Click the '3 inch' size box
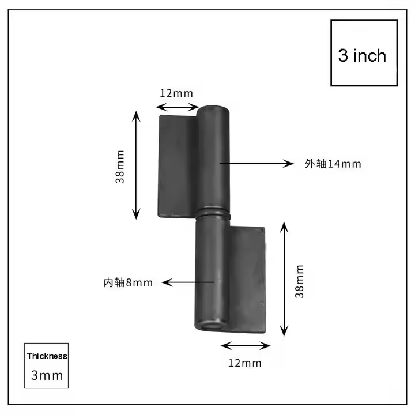click(x=364, y=53)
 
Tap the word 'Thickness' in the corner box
click(x=47, y=356)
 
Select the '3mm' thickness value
click(x=47, y=375)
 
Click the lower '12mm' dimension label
click(x=245, y=363)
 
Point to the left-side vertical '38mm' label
click(x=120, y=166)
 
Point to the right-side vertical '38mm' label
click(x=300, y=281)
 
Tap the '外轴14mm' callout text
click(x=333, y=164)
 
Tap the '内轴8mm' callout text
click(x=128, y=282)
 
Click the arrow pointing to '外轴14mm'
click(x=256, y=164)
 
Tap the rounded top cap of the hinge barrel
click(x=214, y=111)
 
